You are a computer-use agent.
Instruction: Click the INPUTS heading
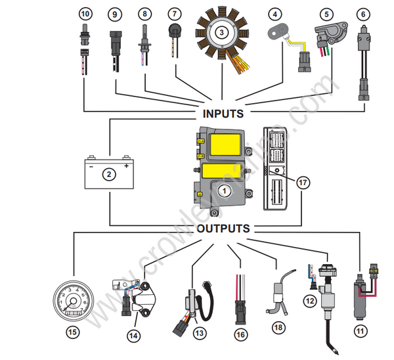click(x=223, y=114)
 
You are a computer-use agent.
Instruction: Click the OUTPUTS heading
click(x=223, y=229)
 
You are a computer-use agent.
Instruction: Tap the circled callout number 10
click(x=85, y=13)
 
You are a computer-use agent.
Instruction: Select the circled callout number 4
click(x=274, y=13)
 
